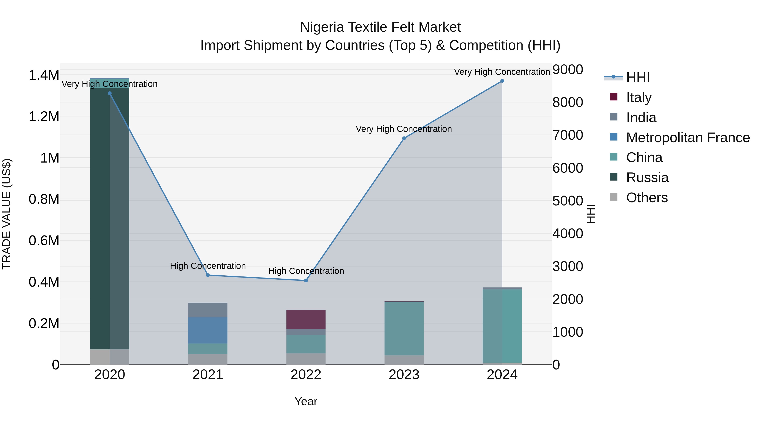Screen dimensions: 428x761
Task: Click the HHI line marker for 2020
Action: pos(109,93)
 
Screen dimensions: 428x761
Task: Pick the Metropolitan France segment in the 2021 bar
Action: pos(208,330)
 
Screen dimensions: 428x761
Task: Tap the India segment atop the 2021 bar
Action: pos(208,310)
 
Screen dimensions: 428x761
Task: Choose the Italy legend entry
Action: pos(639,97)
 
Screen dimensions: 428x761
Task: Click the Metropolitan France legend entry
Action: pos(688,138)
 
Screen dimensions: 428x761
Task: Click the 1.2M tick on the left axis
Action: pos(44,117)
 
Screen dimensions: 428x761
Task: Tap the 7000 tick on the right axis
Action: pos(568,135)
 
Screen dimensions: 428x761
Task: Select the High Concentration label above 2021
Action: pos(208,266)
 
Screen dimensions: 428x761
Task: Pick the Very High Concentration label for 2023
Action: pos(404,129)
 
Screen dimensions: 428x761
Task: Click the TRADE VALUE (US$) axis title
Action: pos(7,214)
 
